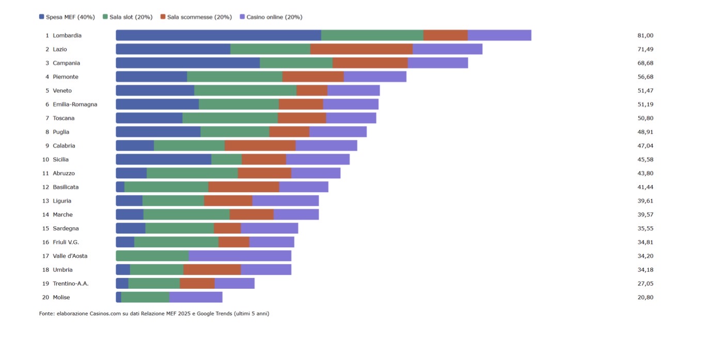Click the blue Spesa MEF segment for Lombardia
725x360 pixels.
coord(218,35)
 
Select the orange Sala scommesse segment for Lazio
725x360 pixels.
coord(361,49)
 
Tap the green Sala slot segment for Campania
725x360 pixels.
coord(296,63)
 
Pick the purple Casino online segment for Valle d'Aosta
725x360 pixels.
coord(240,256)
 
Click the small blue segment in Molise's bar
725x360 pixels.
coord(118,297)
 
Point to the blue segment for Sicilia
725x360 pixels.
coord(164,159)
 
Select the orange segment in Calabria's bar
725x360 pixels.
coord(260,146)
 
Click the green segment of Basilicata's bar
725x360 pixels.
coord(166,187)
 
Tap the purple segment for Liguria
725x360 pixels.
coord(286,201)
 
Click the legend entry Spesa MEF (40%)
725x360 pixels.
coord(67,17)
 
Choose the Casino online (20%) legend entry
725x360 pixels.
coord(271,17)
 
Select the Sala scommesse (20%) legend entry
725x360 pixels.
coord(196,17)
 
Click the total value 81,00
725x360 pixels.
coord(645,35)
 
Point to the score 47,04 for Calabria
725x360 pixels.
coord(645,146)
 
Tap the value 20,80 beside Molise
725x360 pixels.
coord(645,297)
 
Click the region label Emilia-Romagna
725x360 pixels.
coord(75,104)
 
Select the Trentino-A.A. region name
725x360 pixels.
coord(71,284)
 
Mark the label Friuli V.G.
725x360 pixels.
coord(66,242)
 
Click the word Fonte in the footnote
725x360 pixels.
coord(46,314)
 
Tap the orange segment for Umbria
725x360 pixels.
coord(212,270)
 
